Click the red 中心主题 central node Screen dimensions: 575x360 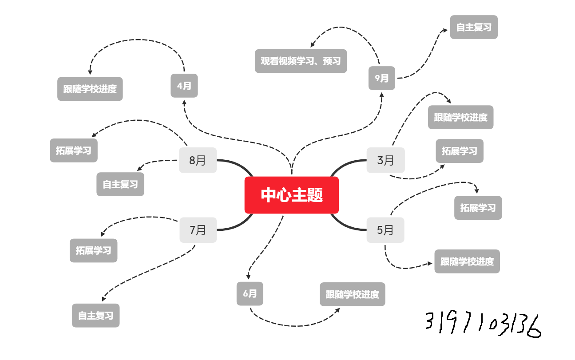tap(292, 195)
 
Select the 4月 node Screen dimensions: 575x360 tap(184, 86)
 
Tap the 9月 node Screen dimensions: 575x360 tap(382, 78)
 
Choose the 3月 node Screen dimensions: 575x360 tap(385, 160)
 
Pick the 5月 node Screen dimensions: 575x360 tap(385, 230)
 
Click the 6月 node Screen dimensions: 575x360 tap(250, 293)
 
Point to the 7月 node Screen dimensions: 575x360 tap(198, 230)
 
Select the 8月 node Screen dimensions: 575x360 tap(198, 160)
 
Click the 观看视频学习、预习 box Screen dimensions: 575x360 tap(301, 61)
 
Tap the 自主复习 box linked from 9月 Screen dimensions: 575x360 tap(474, 27)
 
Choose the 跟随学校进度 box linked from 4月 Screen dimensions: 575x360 tap(90, 89)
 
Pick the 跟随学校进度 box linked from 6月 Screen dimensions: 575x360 tap(353, 294)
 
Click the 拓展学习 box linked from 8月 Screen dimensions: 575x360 tap(74, 150)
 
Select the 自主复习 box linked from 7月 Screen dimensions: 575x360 tap(96, 316)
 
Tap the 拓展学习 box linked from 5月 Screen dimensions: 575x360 tap(478, 208)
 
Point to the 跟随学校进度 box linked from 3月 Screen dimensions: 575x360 tap(460, 117)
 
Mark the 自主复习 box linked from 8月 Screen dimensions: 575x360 tap(120, 184)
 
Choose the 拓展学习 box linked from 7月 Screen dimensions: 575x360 tap(93, 250)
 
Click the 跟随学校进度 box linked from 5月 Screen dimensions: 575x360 tap(467, 261)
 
